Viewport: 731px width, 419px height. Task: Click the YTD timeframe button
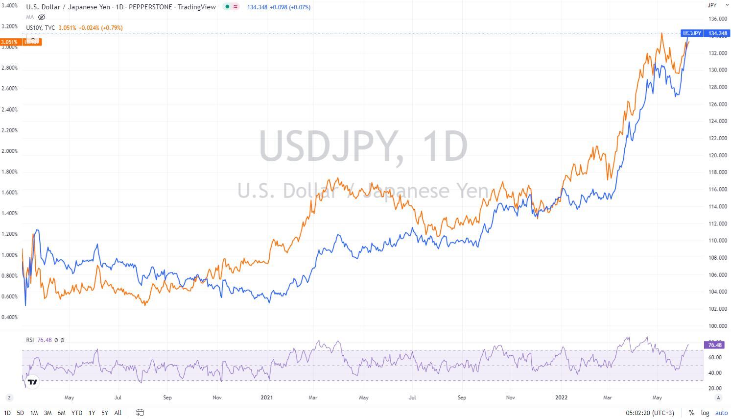coord(76,413)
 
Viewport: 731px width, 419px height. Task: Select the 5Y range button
coord(105,413)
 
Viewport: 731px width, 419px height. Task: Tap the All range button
coord(118,413)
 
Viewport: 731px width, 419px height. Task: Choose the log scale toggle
coord(705,413)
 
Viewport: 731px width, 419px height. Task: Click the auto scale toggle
coord(721,413)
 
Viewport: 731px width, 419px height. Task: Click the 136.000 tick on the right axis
coord(718,19)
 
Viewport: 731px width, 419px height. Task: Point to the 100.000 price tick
coord(718,326)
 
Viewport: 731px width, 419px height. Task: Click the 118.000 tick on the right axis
coord(718,173)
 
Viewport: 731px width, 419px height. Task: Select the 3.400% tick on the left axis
coord(10,5)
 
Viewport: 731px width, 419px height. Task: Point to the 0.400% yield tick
coord(10,317)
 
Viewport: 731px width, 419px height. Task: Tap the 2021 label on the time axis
coord(266,397)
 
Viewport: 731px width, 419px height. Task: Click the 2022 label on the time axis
coord(561,397)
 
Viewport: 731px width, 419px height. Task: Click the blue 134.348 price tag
coord(718,33)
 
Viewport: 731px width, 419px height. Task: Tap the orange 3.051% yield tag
coord(10,42)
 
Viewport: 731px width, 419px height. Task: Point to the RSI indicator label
coord(30,340)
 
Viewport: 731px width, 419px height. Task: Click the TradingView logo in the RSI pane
coord(32,382)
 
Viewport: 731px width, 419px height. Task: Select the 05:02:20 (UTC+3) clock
coord(650,413)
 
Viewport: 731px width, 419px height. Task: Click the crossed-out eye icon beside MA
coord(42,17)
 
